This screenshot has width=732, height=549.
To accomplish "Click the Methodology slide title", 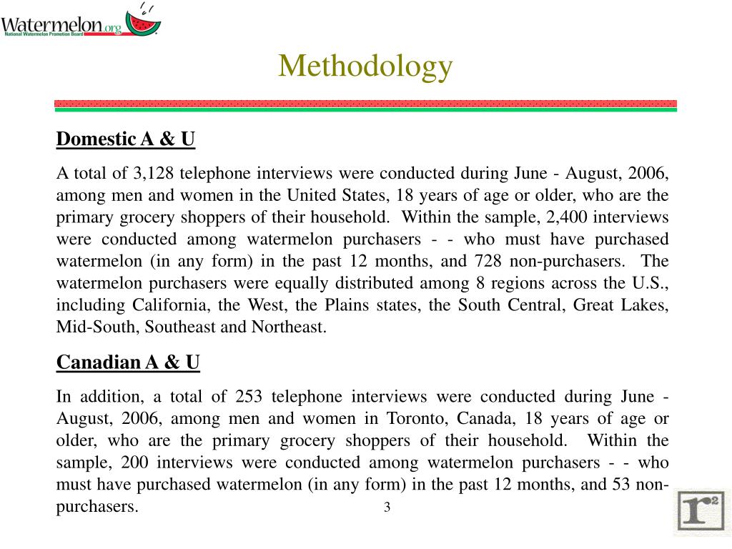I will click(x=365, y=66).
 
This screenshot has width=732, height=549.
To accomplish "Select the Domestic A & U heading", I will click(x=125, y=139).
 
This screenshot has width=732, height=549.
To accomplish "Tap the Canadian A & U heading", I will click(x=128, y=363).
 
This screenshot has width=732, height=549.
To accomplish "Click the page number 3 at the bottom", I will click(x=387, y=508).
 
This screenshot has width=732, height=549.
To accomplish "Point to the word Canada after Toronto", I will click(x=485, y=418).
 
